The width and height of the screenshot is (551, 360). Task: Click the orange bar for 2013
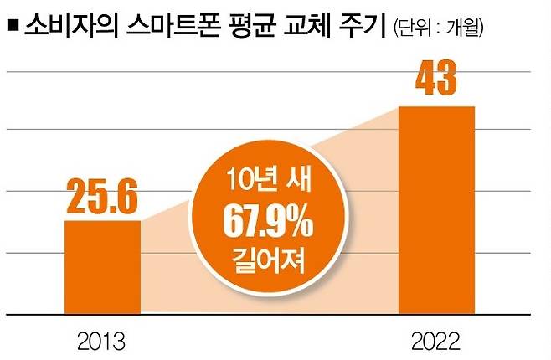(x=102, y=267)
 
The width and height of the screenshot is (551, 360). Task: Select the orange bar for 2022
(x=436, y=210)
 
